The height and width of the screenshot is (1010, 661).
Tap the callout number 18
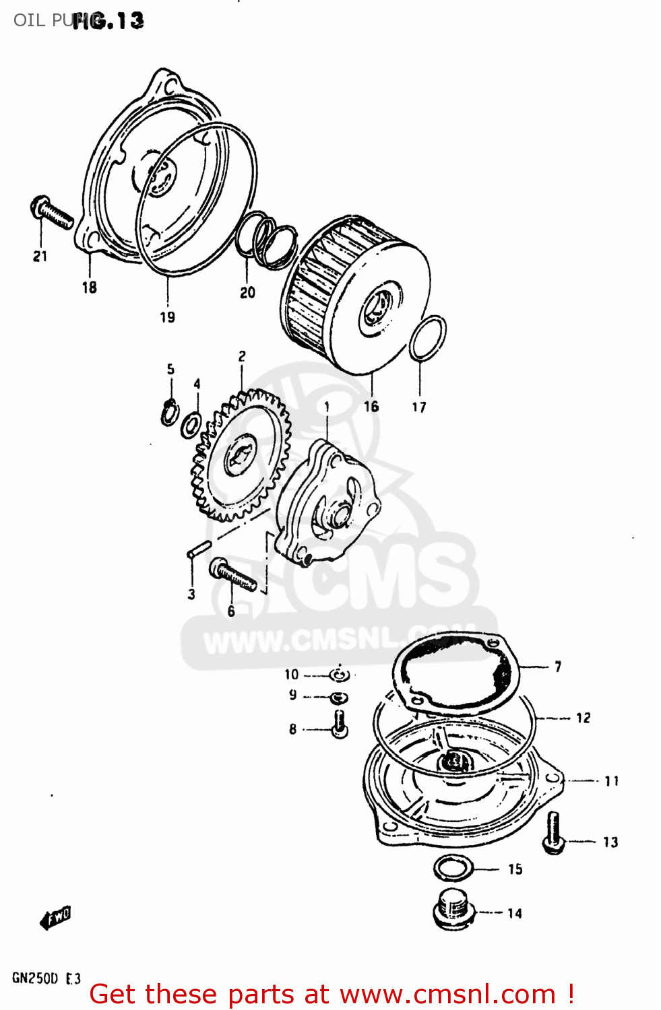point(89,288)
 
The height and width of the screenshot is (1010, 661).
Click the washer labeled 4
point(191,425)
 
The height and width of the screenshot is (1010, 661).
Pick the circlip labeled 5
point(170,412)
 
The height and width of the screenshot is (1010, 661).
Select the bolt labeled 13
point(553,832)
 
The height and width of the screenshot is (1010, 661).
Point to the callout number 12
point(583,718)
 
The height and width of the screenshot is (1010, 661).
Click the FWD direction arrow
point(55,918)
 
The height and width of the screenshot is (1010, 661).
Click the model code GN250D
point(35,978)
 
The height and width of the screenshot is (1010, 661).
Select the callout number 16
point(371,407)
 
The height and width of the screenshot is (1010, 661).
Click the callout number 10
point(291,674)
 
